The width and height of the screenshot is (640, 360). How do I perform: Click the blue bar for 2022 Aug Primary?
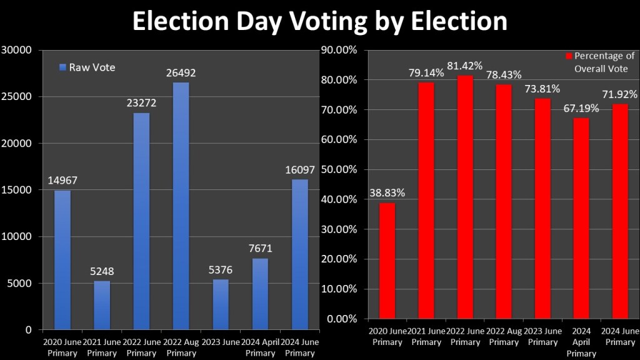click(181, 206)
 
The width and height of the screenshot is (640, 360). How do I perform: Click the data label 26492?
click(181, 73)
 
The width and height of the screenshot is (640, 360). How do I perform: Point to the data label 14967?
click(62, 181)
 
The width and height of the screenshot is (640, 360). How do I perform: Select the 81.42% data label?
click(466, 66)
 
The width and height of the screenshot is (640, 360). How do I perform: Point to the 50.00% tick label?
click(339, 169)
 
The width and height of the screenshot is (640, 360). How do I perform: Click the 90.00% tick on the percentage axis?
click(339, 50)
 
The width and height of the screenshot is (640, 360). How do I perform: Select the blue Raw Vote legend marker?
click(62, 67)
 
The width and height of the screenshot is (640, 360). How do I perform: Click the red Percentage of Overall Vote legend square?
click(569, 56)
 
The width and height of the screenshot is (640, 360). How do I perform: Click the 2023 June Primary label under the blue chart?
click(221, 347)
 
